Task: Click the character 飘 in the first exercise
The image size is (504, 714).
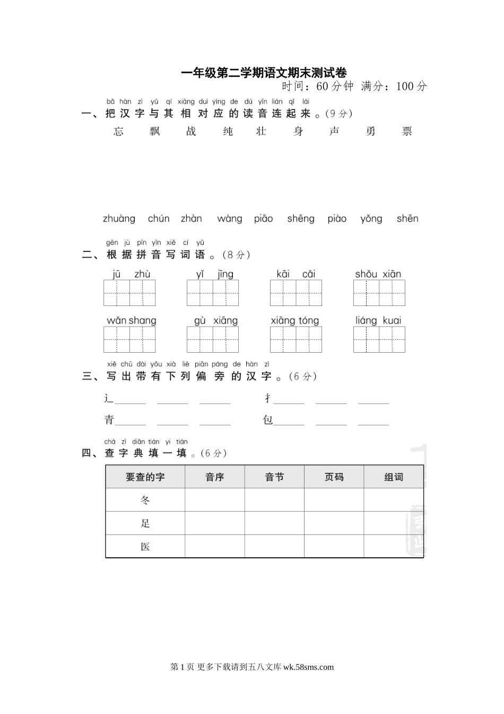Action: pyautogui.click(x=154, y=132)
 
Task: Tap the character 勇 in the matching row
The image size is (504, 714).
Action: pyautogui.click(x=370, y=132)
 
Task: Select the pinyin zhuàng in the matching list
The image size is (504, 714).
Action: pyautogui.click(x=119, y=219)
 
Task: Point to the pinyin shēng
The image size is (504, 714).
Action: pyautogui.click(x=301, y=219)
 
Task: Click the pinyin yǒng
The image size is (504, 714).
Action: pyautogui.click(x=371, y=219)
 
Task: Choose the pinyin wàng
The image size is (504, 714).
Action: pyautogui.click(x=230, y=219)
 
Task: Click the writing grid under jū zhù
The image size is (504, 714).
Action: pyautogui.click(x=129, y=293)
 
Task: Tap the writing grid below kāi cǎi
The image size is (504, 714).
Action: pyautogui.click(x=296, y=293)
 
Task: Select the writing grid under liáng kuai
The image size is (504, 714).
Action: pyautogui.click(x=379, y=340)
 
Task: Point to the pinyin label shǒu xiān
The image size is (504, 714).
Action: pyautogui.click(x=378, y=274)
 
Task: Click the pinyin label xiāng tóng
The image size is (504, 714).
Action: pyautogui.click(x=295, y=321)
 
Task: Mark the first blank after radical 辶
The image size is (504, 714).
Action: pyautogui.click(x=131, y=399)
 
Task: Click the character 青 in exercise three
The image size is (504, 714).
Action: pyautogui.click(x=109, y=420)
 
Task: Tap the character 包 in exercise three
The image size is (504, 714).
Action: pyautogui.click(x=268, y=420)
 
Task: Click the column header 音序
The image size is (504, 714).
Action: pyautogui.click(x=215, y=477)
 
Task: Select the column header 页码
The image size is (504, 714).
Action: pyautogui.click(x=334, y=477)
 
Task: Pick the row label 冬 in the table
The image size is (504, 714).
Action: pyautogui.click(x=145, y=500)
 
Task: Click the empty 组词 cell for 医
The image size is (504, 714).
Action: pyautogui.click(x=394, y=546)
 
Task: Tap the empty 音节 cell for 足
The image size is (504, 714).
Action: pyautogui.click(x=274, y=523)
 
